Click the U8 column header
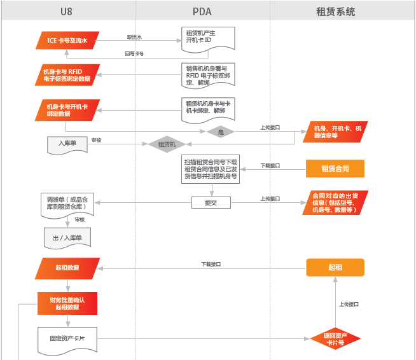tap(67, 11)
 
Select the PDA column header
tap(202, 11)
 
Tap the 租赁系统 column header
tap(335, 11)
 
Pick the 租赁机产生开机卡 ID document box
tap(208, 37)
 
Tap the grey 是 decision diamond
tap(221, 132)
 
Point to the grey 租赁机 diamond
tap(167, 144)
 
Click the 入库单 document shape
tap(67, 144)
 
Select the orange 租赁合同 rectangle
tap(335, 168)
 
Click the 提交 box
tap(211, 202)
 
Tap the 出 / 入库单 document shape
tap(67, 238)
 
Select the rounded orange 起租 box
tap(335, 267)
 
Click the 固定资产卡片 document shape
tap(67, 337)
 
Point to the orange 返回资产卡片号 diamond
tap(335, 338)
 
